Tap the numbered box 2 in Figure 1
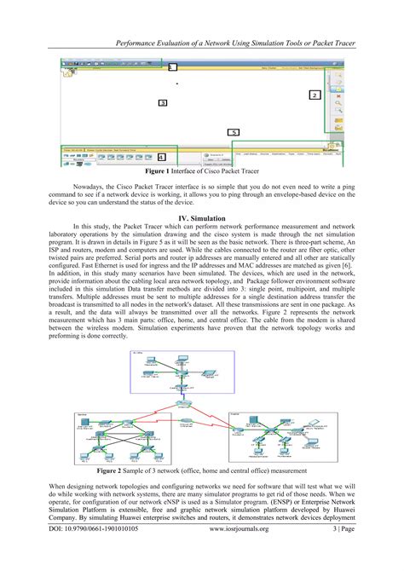pyautogui.click(x=314, y=95)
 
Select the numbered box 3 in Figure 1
pyautogui.click(x=162, y=103)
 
